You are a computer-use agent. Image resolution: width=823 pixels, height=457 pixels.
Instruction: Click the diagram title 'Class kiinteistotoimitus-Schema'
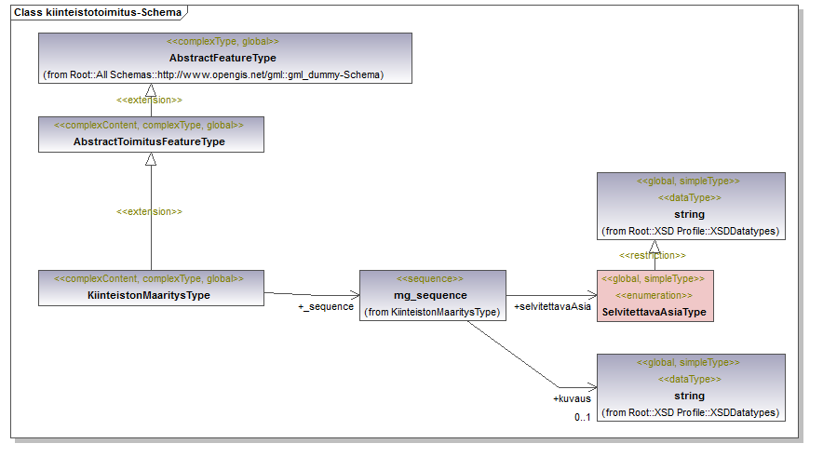[98, 12]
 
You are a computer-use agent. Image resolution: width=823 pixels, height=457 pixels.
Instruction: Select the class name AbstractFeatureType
[223, 58]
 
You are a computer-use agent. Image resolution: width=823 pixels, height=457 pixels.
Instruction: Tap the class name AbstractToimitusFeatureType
[149, 141]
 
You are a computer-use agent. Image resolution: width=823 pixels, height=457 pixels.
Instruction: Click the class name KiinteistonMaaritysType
[149, 295]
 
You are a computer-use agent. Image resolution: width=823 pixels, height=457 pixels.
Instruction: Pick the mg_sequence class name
[430, 295]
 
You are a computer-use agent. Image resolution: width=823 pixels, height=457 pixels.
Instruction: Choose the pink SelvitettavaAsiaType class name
[654, 312]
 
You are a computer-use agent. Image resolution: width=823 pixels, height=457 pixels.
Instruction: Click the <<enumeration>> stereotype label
[654, 295]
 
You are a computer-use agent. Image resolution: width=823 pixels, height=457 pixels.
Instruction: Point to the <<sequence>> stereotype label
[430, 278]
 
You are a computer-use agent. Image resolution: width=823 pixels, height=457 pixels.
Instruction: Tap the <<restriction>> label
[653, 256]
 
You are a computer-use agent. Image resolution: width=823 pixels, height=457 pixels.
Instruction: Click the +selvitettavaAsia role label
[552, 306]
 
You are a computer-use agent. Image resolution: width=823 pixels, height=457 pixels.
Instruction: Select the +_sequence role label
[326, 306]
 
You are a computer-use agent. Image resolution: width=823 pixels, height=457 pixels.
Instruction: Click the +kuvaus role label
[572, 398]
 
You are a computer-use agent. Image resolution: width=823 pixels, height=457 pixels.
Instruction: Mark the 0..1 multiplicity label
[582, 417]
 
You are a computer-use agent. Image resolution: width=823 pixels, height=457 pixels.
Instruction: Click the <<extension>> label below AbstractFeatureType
[149, 100]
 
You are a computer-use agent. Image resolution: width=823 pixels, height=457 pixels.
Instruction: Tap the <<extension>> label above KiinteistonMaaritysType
[149, 211]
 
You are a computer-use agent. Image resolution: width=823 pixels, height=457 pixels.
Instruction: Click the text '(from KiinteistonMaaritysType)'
[432, 312]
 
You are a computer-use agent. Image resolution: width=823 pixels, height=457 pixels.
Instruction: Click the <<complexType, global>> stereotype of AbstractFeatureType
[223, 42]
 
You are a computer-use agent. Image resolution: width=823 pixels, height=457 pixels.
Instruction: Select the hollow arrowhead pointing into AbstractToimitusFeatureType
[151, 159]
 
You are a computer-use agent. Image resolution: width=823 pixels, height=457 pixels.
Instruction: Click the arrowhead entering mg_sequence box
[355, 295]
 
